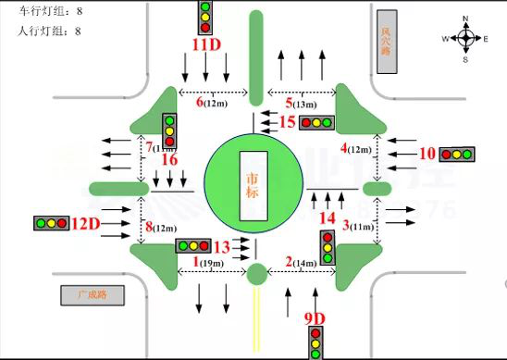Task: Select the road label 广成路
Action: click(93, 296)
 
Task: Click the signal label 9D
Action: click(315, 319)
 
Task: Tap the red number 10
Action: click(427, 154)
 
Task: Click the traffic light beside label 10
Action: click(457, 154)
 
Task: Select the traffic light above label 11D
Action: click(205, 17)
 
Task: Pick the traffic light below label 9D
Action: click(315, 343)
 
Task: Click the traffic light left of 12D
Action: click(52, 223)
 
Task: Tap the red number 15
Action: click(287, 121)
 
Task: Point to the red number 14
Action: click(328, 217)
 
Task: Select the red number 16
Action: click(168, 159)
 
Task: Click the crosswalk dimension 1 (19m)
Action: click(210, 263)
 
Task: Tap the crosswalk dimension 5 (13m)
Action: click(302, 102)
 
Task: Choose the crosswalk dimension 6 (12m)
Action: click(212, 102)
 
